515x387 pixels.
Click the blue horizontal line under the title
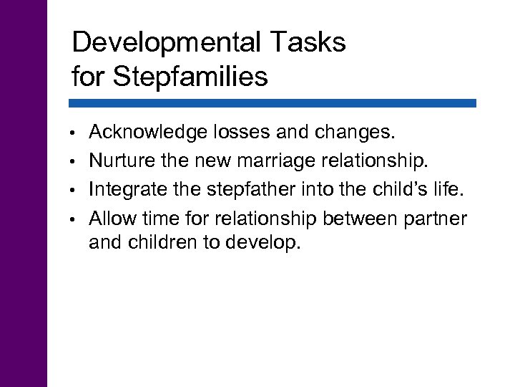coord(274,103)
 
